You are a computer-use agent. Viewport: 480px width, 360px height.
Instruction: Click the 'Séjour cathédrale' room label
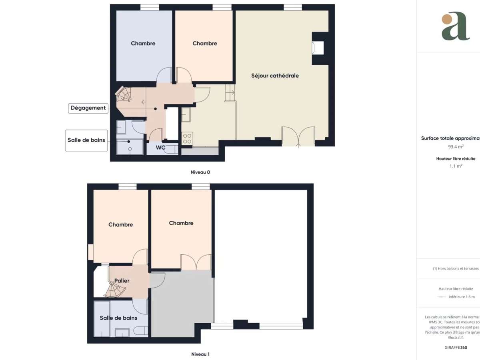pos(275,76)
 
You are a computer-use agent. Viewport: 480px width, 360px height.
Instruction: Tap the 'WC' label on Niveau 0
pos(160,148)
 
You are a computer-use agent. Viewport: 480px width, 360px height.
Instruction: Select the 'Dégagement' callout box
pos(88,108)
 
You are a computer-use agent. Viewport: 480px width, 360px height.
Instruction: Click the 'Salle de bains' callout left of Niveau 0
pos(87,140)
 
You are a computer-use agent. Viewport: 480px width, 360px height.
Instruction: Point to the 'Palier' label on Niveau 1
pos(122,281)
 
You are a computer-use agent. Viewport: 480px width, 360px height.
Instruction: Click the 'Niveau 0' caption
pos(200,172)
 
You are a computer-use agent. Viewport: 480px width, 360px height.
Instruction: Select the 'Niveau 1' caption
pos(200,354)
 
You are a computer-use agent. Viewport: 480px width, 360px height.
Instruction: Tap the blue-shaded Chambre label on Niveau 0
pos(143,43)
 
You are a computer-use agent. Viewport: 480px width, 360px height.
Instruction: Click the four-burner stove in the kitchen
pos(187,138)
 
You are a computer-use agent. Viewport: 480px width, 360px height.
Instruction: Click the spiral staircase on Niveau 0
pos(124,96)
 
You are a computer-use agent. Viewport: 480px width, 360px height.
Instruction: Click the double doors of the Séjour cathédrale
pos(298,136)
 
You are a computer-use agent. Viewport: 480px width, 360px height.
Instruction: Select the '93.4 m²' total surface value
pos(456,146)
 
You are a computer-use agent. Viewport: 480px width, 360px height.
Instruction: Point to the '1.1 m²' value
pos(456,166)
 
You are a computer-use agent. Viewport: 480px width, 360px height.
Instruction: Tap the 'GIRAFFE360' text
pos(456,348)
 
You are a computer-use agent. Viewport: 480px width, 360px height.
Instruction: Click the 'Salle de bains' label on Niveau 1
pos(118,318)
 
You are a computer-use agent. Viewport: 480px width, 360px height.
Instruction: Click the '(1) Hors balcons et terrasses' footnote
pos(456,268)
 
